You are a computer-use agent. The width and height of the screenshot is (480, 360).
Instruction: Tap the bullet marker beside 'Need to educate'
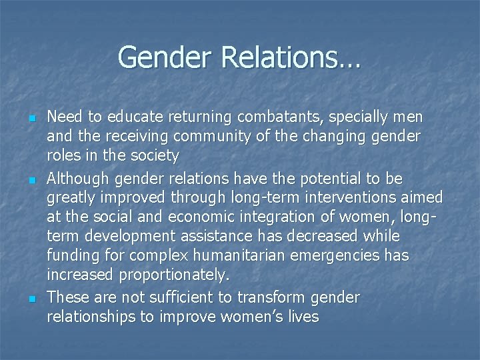pyautogui.click(x=31, y=118)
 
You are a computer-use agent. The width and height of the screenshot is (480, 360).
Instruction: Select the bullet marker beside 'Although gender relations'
pyautogui.click(x=31, y=180)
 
